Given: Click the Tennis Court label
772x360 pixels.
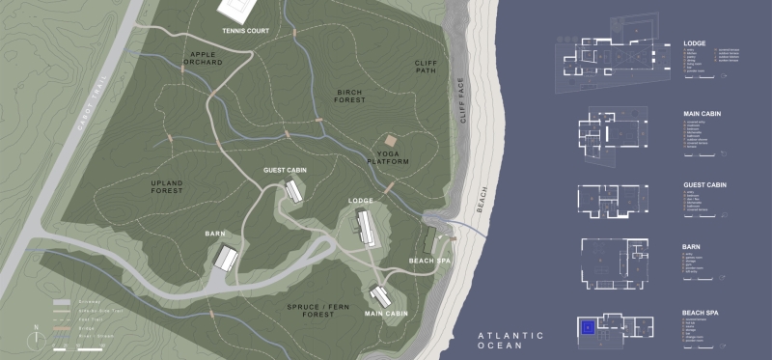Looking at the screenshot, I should [245, 31].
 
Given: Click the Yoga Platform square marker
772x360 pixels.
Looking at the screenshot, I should [389, 141].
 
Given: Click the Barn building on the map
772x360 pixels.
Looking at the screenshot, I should [226, 258].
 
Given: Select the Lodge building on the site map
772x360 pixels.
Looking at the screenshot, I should [367, 228].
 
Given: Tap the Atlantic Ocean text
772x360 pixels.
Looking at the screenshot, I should [510, 341].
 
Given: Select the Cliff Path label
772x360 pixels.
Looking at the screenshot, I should [426, 67].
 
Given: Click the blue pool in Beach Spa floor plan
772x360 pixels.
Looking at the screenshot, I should [586, 327].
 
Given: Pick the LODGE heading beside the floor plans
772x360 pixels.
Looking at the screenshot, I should [694, 43].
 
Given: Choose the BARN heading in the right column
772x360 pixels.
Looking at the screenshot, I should [691, 247].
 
